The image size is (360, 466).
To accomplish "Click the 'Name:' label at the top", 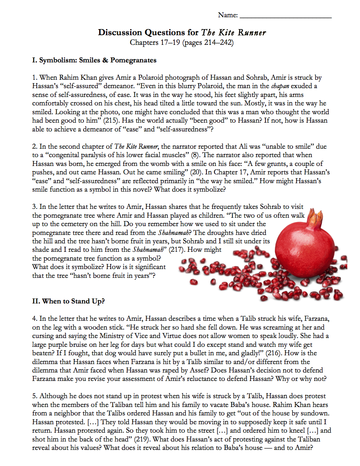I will coord(228,15).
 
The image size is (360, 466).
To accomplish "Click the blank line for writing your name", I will coord(285,16).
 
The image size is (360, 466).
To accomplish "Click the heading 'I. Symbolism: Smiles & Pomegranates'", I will coord(94,60).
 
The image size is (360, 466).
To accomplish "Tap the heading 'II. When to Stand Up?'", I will coord(69,301).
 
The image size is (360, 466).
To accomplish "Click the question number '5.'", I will coord(35,396).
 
